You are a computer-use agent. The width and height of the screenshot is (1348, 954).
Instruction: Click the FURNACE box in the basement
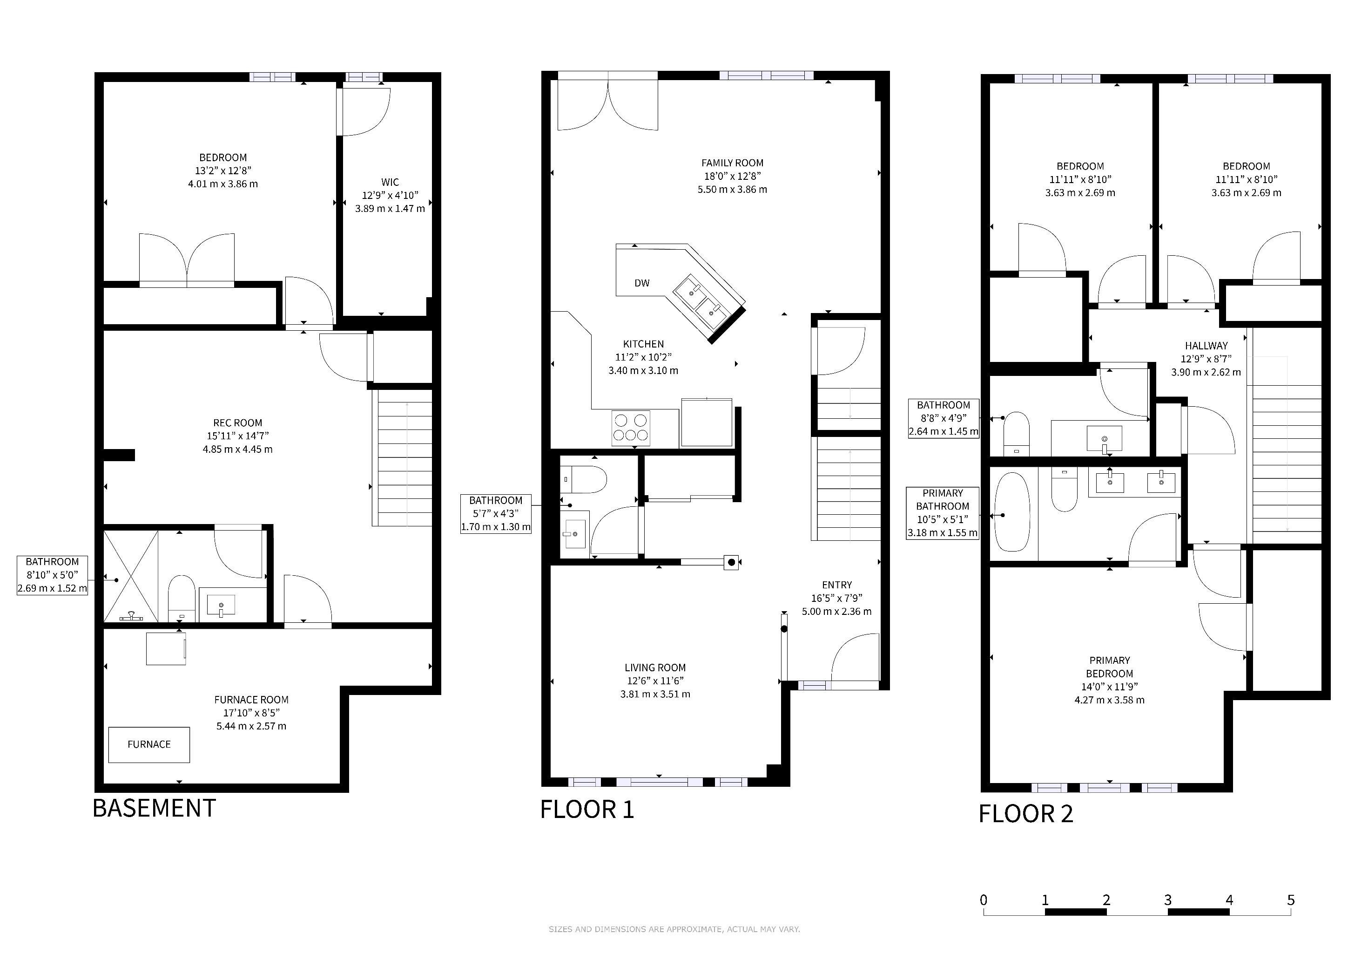tap(149, 745)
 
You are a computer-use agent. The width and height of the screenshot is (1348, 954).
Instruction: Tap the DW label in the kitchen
tap(642, 283)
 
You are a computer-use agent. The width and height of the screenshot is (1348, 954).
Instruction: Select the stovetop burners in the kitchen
tap(631, 428)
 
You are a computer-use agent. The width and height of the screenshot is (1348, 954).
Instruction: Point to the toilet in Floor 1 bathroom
tap(582, 479)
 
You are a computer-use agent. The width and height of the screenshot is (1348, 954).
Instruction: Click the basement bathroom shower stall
tap(131, 576)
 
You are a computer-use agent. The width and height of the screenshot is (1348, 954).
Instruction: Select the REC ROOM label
tap(238, 423)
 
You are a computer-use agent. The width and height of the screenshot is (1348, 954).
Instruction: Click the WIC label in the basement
tap(390, 182)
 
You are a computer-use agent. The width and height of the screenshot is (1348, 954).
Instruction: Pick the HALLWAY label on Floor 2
tap(1206, 346)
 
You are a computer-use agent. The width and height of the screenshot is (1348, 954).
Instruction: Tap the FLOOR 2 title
tap(1026, 814)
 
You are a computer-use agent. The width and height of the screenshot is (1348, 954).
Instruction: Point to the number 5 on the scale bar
tap(1290, 900)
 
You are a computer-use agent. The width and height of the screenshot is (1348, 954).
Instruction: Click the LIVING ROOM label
tap(655, 668)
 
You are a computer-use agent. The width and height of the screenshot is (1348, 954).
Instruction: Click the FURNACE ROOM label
tap(251, 700)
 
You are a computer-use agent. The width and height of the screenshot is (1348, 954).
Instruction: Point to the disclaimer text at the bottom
tap(674, 929)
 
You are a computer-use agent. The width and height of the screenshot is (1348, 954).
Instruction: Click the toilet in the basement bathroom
tap(182, 598)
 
